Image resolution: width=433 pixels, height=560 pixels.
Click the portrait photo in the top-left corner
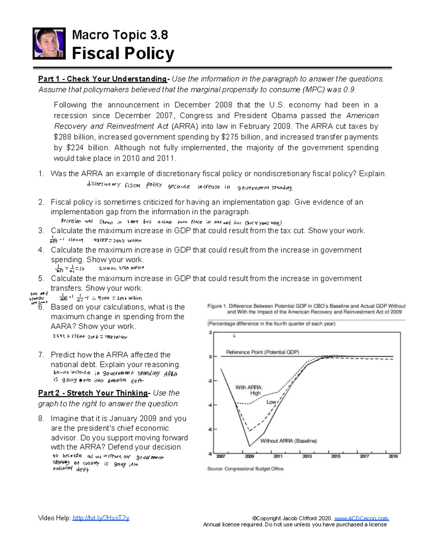[x=49, y=43]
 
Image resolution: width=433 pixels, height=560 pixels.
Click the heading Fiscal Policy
[x=123, y=53]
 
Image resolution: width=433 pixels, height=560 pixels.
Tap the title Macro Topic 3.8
[x=120, y=35]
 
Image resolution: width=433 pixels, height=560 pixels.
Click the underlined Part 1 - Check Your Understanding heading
[x=103, y=79]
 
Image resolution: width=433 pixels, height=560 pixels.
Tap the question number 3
[x=41, y=231]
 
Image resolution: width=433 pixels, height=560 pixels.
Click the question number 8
[x=41, y=419]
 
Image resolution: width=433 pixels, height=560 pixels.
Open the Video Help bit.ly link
[x=101, y=518]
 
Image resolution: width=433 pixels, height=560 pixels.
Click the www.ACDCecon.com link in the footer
[x=361, y=518]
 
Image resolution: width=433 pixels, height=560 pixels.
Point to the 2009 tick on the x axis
[x=249, y=456]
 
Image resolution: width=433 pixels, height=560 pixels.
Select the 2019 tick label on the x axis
[x=393, y=456]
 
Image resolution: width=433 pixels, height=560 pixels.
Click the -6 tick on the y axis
[x=210, y=429]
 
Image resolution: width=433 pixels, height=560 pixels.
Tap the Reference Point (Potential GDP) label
[x=262, y=352]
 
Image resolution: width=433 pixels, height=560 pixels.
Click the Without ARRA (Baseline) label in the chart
[x=288, y=441]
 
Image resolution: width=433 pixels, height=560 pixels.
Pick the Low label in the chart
[x=271, y=402]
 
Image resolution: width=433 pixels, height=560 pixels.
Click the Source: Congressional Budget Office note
[x=246, y=469]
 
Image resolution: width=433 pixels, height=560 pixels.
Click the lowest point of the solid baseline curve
[x=249, y=446]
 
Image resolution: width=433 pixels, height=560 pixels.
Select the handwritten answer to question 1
[x=190, y=186]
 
